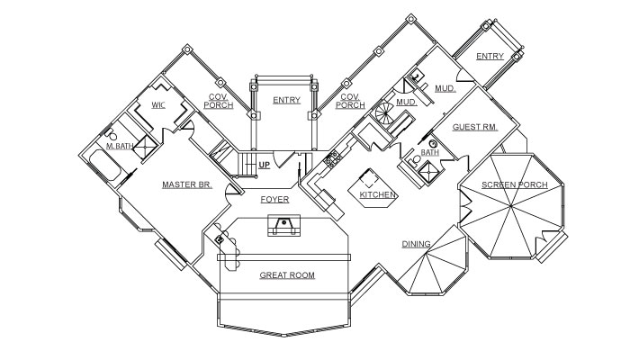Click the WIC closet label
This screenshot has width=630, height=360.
pyautogui.click(x=158, y=105)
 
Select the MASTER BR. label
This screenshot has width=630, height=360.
pyautogui.click(x=186, y=184)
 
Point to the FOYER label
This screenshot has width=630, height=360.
pyautogui.click(x=274, y=199)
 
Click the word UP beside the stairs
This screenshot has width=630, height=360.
pyautogui.click(x=265, y=165)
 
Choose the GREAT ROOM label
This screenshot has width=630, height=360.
pyautogui.click(x=287, y=274)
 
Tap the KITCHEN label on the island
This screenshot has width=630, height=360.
pyautogui.click(x=378, y=194)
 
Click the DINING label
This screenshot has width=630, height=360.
pyautogui.click(x=416, y=243)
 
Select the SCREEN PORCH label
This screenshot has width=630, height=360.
pyautogui.click(x=515, y=184)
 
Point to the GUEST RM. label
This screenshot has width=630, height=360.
pyautogui.click(x=474, y=127)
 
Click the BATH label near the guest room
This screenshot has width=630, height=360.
pyautogui.click(x=430, y=153)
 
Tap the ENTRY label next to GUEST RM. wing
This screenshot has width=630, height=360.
pyautogui.click(x=490, y=57)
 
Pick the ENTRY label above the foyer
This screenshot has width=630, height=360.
pyautogui.click(x=286, y=100)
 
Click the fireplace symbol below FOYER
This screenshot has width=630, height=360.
pyautogui.click(x=283, y=226)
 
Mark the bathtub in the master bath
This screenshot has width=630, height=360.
pyautogui.click(x=100, y=167)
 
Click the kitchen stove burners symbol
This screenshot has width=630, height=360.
pyautogui.click(x=329, y=162)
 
